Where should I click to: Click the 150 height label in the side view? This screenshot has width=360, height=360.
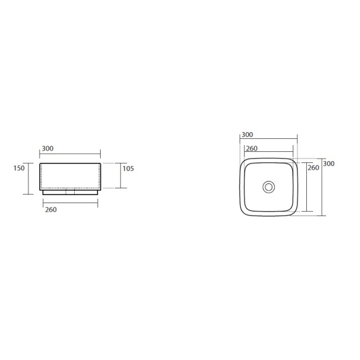click(x=19, y=168)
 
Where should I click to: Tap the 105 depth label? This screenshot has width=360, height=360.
click(x=128, y=169)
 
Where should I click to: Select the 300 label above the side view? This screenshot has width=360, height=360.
click(x=48, y=149)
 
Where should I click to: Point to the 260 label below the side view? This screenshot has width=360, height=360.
click(x=51, y=209)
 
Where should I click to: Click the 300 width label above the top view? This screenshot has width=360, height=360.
click(x=247, y=135)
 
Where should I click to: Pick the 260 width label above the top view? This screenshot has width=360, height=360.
click(x=252, y=148)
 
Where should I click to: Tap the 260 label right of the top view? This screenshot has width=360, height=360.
click(x=314, y=167)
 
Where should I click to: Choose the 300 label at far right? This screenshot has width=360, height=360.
click(x=329, y=164)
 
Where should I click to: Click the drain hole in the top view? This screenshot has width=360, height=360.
click(x=269, y=187)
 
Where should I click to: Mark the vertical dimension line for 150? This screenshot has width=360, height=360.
click(x=28, y=178)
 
